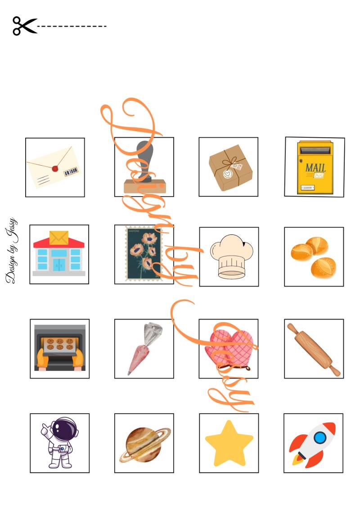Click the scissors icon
[25, 26]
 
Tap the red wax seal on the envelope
[55, 169]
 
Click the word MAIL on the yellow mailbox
[315, 167]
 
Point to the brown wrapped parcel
[230, 167]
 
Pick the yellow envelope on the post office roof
[59, 238]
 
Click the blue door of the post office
[59, 265]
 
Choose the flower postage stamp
[144, 253]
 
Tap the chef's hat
[231, 257]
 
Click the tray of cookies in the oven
[60, 345]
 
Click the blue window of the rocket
[320, 437]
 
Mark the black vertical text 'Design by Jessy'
[12, 250]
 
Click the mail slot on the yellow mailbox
[315, 150]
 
